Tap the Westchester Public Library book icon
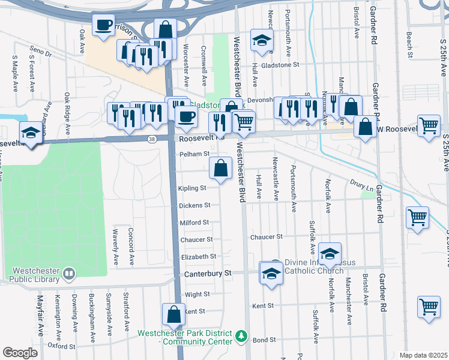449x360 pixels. click(x=70, y=274)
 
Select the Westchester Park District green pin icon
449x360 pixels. click(x=241, y=335)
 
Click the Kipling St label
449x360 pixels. click(x=192, y=188)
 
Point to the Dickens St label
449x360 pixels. click(x=194, y=205)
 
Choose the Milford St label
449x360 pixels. click(x=194, y=223)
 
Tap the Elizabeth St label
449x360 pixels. click(x=198, y=256)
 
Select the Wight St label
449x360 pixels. click(x=197, y=295)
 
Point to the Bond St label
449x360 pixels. click(x=264, y=340)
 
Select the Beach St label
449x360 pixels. click(x=409, y=44)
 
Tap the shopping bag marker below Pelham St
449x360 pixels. click(x=221, y=169)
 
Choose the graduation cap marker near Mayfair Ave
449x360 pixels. click(x=31, y=133)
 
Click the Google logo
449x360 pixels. click(x=20, y=353)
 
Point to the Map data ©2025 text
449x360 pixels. click(x=423, y=355)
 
